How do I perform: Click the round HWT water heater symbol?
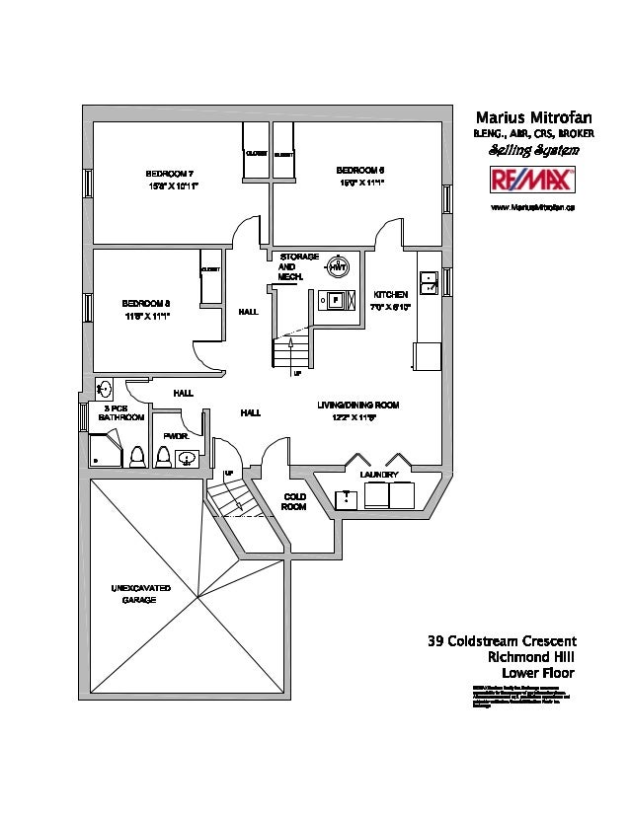pos(338,266)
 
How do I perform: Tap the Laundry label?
pos(379,476)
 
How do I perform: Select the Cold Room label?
pos(294,501)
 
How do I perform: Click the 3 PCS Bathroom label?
pos(121,412)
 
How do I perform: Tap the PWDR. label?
pos(176,435)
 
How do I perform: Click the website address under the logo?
pos(533,207)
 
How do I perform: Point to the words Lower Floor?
pos(537,674)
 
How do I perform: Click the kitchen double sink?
pos(429,284)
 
